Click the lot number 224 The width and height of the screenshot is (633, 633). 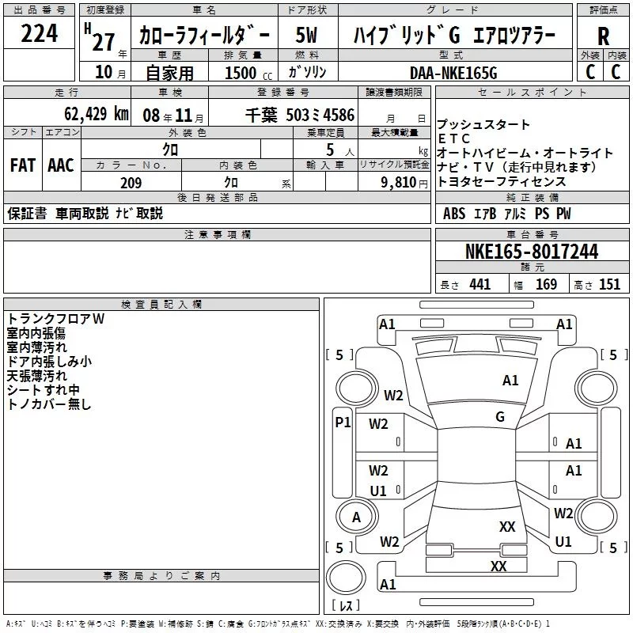(x=39, y=33)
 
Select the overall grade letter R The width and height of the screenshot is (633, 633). (x=603, y=36)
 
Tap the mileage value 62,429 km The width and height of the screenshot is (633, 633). (x=97, y=114)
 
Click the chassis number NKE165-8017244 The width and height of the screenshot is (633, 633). (x=532, y=252)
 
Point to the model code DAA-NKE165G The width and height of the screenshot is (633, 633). (x=453, y=73)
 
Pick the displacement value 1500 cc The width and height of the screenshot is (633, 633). (x=248, y=73)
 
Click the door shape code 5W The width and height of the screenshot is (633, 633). (x=306, y=35)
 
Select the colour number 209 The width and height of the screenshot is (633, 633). (x=131, y=183)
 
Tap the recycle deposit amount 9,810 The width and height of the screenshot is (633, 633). (x=399, y=183)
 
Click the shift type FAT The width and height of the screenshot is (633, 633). (x=23, y=165)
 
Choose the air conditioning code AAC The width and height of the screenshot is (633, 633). (x=61, y=165)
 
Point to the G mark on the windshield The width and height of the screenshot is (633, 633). (x=500, y=417)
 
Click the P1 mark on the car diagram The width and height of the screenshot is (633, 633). (x=343, y=423)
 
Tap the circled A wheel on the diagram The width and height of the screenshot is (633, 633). (x=357, y=517)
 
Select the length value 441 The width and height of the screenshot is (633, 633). (x=479, y=285)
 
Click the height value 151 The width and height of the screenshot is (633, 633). (x=609, y=285)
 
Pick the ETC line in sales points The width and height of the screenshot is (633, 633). (x=453, y=138)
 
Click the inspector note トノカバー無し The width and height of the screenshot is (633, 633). (x=49, y=404)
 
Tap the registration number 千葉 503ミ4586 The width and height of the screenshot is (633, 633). (x=300, y=116)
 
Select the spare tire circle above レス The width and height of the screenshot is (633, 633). (x=346, y=577)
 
